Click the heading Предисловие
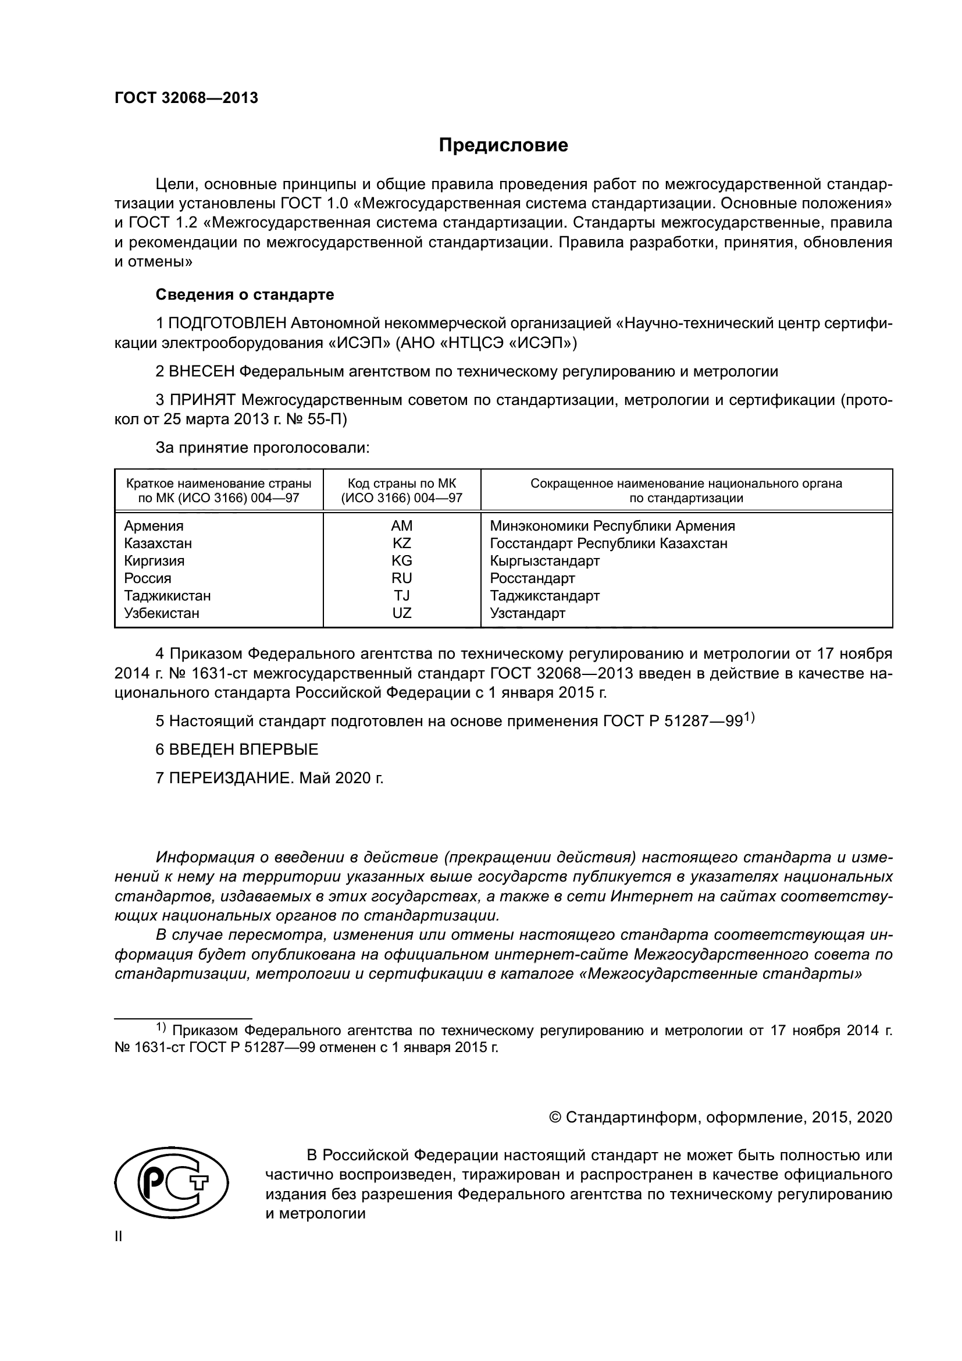(x=503, y=145)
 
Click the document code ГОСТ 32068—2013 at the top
(x=186, y=98)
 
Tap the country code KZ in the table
(x=402, y=543)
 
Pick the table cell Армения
(x=154, y=526)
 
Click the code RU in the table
(x=402, y=578)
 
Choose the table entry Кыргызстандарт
(x=544, y=561)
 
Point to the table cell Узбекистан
(x=161, y=613)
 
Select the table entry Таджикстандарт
(x=544, y=596)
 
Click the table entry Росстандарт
(x=532, y=578)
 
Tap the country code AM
(x=402, y=526)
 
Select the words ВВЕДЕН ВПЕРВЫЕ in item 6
(x=244, y=749)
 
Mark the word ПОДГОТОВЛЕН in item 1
(x=229, y=324)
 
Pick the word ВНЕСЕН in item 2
(x=202, y=372)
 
